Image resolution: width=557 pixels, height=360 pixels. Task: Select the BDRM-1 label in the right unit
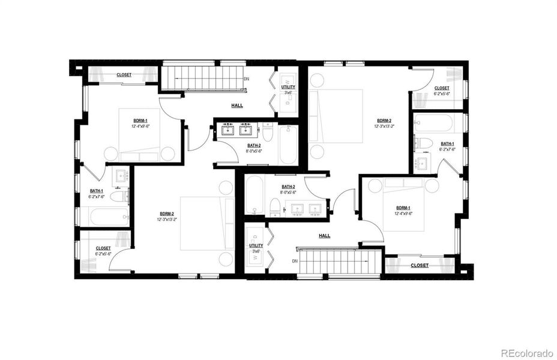point(403,207)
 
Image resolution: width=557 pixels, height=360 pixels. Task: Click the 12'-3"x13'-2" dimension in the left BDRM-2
point(167,220)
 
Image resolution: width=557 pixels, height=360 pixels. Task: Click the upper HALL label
point(237,105)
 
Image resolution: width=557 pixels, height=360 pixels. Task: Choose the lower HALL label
point(325,236)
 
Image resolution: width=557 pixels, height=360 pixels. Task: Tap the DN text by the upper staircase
point(246,79)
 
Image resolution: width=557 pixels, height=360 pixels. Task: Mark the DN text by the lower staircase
point(295,261)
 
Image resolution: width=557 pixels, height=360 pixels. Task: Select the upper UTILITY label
point(288,87)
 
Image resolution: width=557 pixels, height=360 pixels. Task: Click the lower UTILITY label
point(256,245)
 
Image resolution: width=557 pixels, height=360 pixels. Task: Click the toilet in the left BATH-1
point(118,196)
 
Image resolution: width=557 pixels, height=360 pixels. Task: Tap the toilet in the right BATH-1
point(426,143)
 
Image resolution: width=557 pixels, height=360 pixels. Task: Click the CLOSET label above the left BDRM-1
point(124,75)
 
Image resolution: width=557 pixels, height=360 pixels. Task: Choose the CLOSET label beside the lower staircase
point(420,265)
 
